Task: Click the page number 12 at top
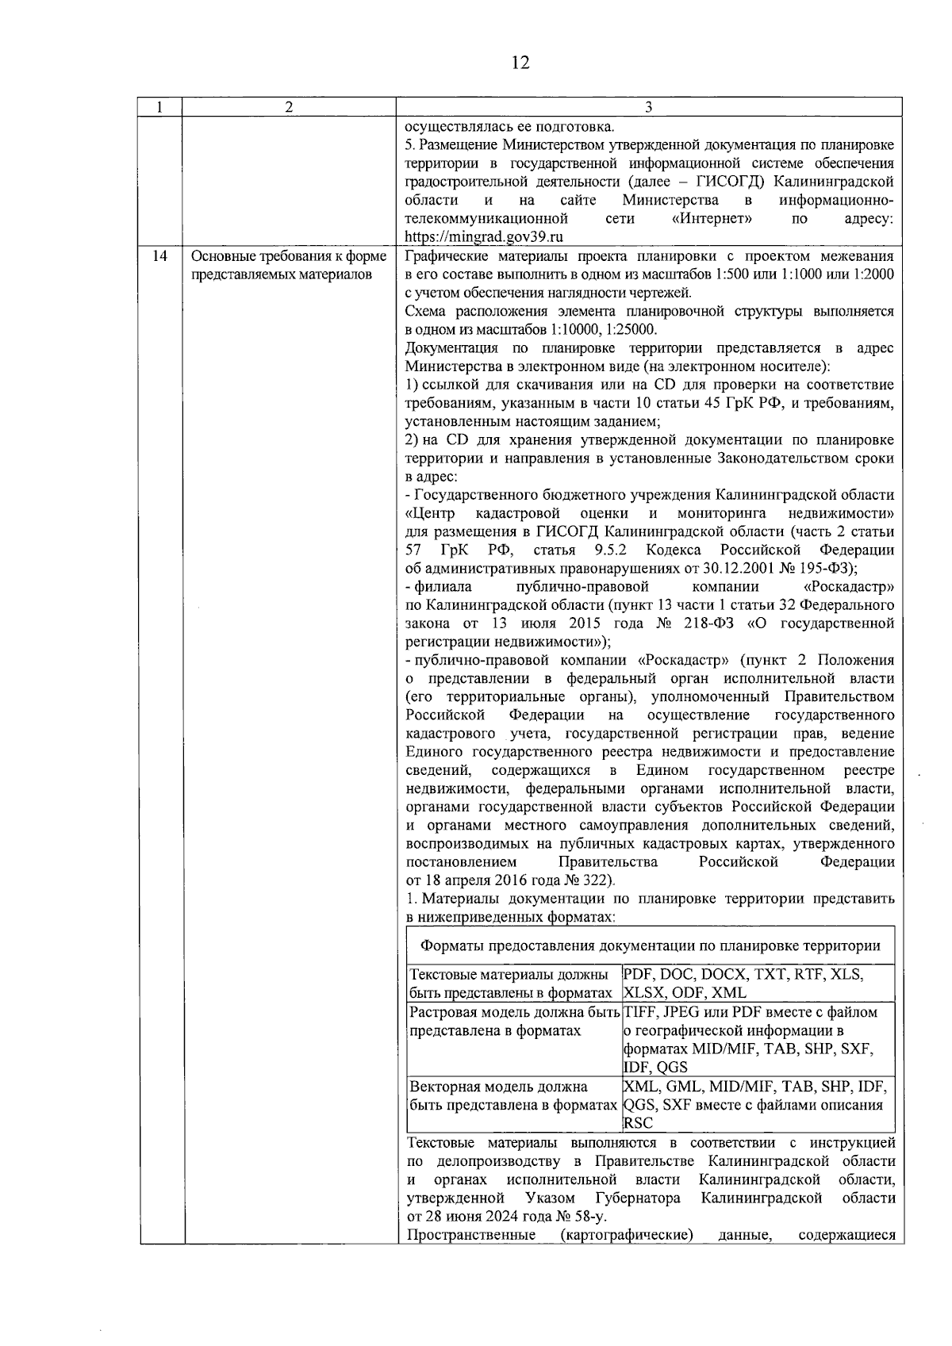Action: coord(520,63)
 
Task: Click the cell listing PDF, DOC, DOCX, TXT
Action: coord(743,984)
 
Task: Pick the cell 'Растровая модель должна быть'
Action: coord(512,1013)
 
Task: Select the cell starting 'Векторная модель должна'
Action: coord(498,1087)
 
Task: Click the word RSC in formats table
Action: coord(639,1123)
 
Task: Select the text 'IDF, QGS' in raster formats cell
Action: coord(655,1068)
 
